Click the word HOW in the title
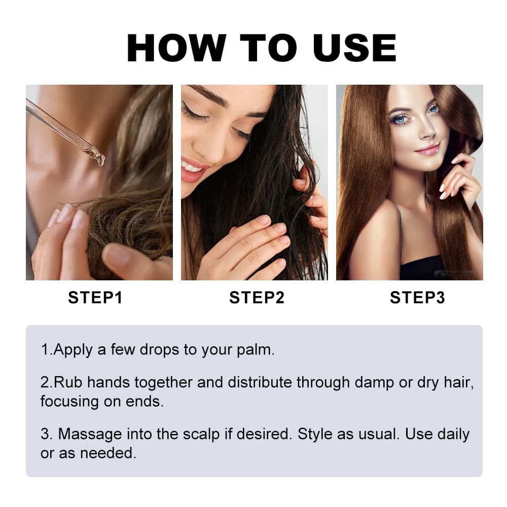pyautogui.click(x=176, y=48)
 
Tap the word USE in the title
pyautogui.click(x=355, y=48)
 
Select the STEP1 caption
pyautogui.click(x=95, y=298)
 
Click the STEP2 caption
pyautogui.click(x=257, y=298)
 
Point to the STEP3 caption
pyautogui.click(x=417, y=298)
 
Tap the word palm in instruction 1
pyautogui.click(x=256, y=350)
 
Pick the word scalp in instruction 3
pyautogui.click(x=201, y=434)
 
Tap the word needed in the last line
pyautogui.click(x=108, y=453)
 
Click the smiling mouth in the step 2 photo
pyautogui.click(x=193, y=170)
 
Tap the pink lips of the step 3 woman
pyautogui.click(x=427, y=149)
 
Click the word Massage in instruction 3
pyautogui.click(x=90, y=434)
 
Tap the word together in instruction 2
pyautogui.click(x=164, y=383)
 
